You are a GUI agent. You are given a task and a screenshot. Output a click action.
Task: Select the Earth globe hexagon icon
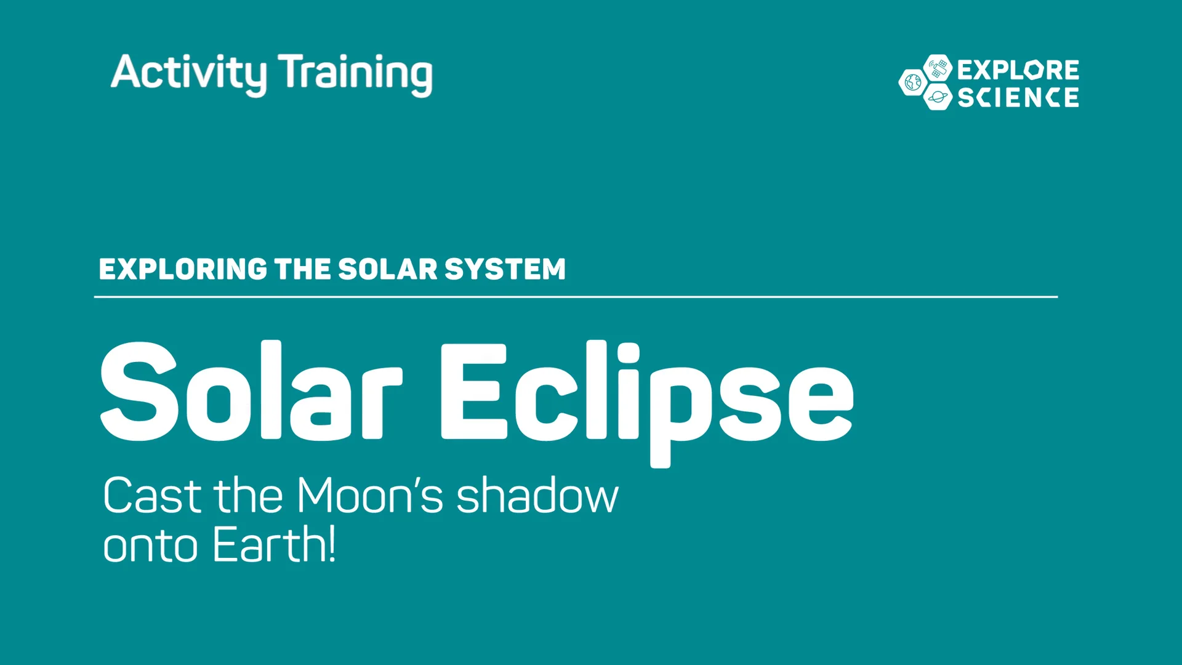point(912,83)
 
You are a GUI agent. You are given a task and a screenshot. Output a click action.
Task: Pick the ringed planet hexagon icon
point(938,97)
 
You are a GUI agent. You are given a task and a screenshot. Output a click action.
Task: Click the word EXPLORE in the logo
point(1018,70)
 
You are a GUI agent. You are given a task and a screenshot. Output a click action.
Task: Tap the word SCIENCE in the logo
point(1018,97)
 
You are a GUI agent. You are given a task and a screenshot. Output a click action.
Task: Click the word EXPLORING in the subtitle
point(183,269)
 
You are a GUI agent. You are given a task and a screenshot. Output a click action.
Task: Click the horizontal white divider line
point(576,297)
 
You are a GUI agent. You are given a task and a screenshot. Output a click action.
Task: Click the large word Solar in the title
point(251,392)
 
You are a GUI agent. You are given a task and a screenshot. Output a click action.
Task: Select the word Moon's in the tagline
point(369,495)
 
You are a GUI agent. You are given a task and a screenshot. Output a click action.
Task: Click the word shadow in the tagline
point(537,495)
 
